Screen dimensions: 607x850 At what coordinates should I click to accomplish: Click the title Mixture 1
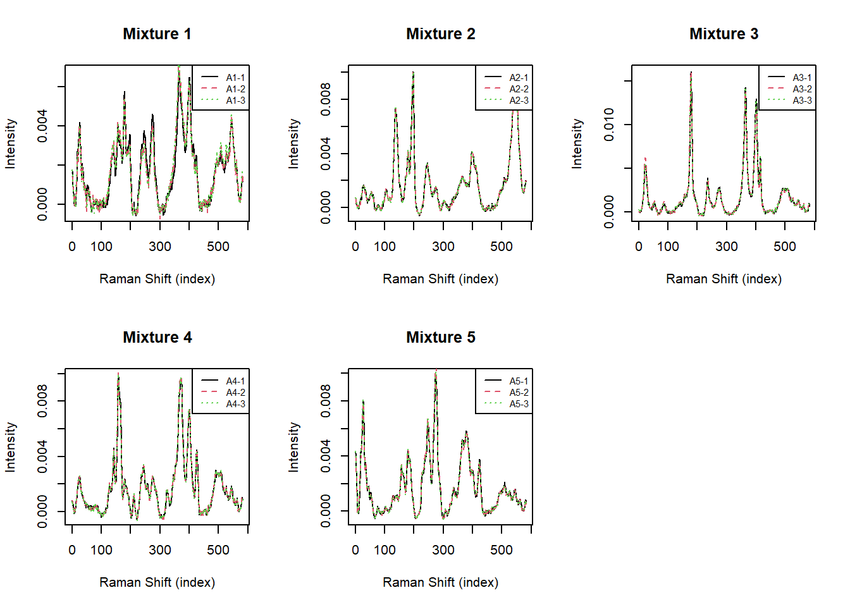click(x=157, y=34)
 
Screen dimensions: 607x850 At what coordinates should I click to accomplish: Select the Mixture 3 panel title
click(x=724, y=34)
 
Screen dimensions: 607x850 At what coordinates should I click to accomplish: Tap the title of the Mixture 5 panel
click(x=440, y=338)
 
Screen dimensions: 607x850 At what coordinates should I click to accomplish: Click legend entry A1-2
click(x=235, y=89)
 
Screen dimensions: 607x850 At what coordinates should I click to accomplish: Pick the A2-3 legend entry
click(x=519, y=101)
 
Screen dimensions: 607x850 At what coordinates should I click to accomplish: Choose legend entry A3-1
click(x=802, y=78)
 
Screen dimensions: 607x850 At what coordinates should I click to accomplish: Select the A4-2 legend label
click(x=235, y=393)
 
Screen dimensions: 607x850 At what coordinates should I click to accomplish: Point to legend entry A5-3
click(x=519, y=404)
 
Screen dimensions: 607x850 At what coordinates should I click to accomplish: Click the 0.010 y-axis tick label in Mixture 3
click(x=609, y=125)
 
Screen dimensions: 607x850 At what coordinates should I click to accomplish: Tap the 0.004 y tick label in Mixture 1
click(x=42, y=126)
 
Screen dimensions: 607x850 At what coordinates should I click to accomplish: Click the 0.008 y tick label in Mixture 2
click(x=326, y=99)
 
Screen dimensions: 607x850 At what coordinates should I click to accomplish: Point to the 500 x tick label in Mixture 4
click(x=218, y=550)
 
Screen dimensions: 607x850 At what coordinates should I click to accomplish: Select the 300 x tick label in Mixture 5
click(x=443, y=550)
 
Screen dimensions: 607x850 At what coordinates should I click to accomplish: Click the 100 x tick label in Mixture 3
click(x=668, y=247)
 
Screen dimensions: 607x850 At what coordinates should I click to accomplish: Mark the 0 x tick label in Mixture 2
click(x=355, y=247)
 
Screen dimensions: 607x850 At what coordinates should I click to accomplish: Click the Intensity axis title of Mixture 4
click(x=10, y=447)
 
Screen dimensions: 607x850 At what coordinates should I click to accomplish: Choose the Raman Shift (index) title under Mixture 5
click(x=440, y=582)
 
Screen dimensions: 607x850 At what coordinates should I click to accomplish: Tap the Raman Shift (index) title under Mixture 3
click(x=724, y=279)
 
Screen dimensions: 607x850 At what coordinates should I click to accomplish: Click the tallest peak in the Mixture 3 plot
click(x=691, y=73)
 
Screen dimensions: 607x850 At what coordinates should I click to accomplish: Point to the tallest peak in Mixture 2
click(x=413, y=73)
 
